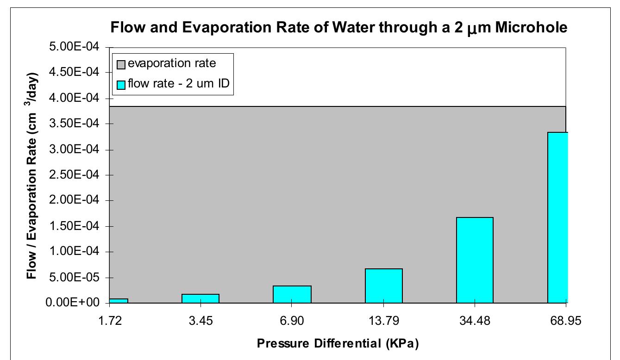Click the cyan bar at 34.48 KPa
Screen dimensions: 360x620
point(475,260)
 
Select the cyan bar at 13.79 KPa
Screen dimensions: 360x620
point(383,286)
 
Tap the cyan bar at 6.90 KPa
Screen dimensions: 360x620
point(292,294)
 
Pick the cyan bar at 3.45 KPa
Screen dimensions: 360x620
point(200,298)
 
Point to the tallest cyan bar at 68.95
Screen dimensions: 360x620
point(558,217)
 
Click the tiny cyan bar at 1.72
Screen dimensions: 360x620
point(118,301)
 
